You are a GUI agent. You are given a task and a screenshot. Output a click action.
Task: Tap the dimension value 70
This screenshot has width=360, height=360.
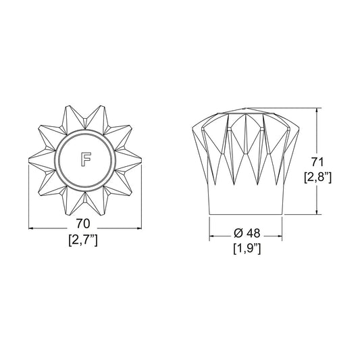(83, 224)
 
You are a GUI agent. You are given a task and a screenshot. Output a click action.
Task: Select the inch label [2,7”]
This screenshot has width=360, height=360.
(83, 240)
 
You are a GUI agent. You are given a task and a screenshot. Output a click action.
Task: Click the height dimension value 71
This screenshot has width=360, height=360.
(317, 162)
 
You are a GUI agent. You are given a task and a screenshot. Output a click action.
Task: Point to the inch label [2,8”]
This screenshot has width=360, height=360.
(317, 178)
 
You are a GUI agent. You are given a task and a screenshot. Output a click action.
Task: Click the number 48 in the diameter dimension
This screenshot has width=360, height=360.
(253, 233)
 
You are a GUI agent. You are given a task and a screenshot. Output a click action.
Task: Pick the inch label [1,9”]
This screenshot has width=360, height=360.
(247, 249)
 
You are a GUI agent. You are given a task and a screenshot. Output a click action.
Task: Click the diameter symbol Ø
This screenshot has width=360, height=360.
(238, 233)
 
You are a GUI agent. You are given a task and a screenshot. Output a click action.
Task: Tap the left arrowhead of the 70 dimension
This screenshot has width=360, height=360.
(31, 228)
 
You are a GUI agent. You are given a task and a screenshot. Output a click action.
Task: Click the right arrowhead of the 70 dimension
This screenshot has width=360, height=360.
(139, 228)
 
